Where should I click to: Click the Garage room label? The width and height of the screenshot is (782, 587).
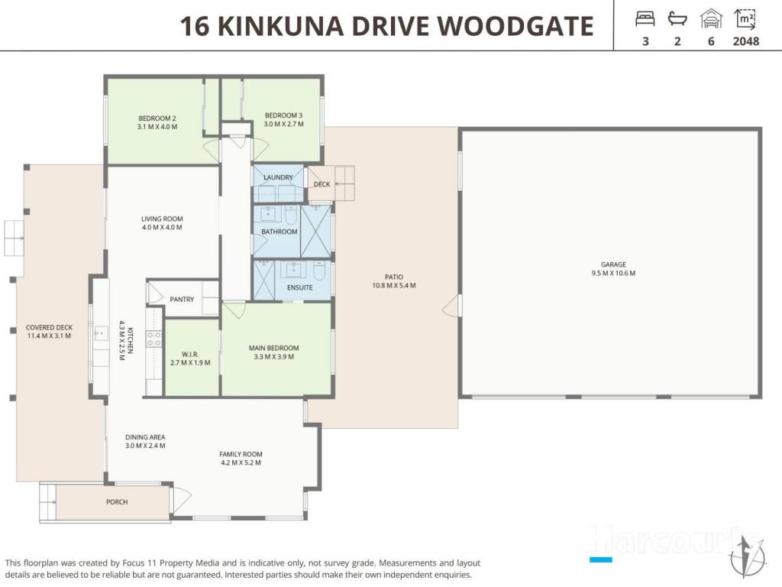[613, 268]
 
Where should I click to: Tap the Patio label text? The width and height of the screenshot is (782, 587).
[393, 281]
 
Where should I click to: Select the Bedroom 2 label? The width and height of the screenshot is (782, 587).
[157, 122]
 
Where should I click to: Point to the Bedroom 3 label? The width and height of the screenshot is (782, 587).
[283, 119]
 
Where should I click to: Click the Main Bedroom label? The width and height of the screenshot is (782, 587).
[274, 352]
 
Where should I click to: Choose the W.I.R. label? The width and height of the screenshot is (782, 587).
[190, 358]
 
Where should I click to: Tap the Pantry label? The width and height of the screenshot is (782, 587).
[182, 299]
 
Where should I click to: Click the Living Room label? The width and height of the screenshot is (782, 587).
[162, 222]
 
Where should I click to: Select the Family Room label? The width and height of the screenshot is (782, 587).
[241, 459]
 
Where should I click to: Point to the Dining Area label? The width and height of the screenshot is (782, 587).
[145, 441]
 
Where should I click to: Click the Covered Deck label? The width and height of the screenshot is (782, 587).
[49, 332]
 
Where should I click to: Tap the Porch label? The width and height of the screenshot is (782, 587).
[117, 501]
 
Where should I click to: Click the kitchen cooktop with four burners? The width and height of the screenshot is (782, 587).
[153, 339]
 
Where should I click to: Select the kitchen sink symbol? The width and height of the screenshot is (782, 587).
[102, 333]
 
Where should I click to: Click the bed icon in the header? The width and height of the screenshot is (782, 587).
[645, 19]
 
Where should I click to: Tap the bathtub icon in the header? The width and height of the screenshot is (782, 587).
[677, 19]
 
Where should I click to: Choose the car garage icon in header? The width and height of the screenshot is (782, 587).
[711, 19]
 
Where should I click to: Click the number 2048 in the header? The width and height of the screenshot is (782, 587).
[745, 41]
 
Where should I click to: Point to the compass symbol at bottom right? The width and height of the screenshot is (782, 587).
[747, 556]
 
